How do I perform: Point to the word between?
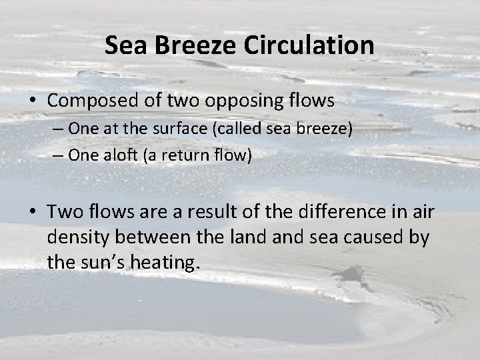coord(159,237)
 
